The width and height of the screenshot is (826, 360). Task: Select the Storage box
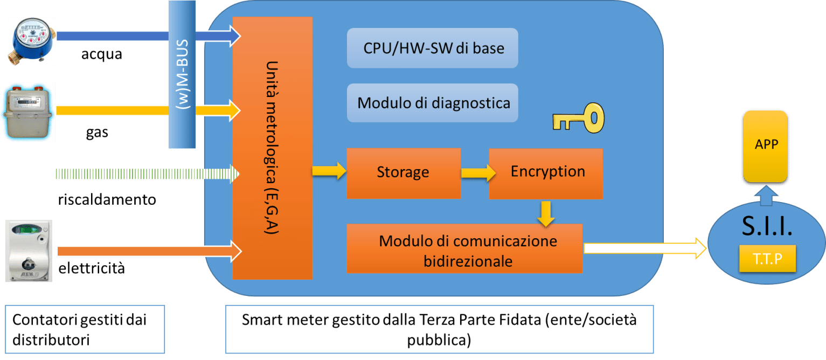click(x=404, y=173)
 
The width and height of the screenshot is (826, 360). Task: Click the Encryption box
click(x=546, y=173)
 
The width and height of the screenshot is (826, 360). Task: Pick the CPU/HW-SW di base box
click(x=432, y=48)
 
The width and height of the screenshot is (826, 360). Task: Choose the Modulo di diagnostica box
click(x=432, y=102)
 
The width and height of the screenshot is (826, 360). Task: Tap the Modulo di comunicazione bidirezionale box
click(x=464, y=248)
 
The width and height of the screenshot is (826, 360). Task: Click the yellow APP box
click(x=766, y=146)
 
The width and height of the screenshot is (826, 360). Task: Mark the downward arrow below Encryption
click(x=546, y=213)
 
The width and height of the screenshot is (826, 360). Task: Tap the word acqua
click(x=102, y=54)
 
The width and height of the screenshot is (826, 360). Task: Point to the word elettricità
click(x=91, y=268)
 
